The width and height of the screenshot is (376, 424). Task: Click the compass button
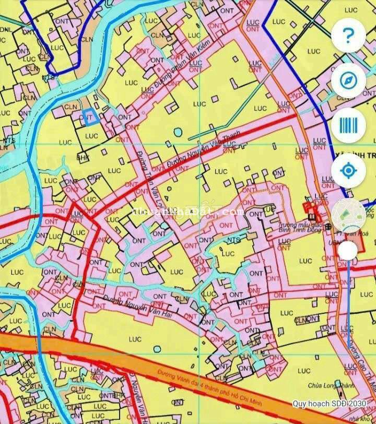[348, 80]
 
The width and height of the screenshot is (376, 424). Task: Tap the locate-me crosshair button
[348, 170]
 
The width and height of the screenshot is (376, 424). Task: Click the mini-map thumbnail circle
[348, 215]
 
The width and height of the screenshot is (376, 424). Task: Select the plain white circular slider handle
[347, 251]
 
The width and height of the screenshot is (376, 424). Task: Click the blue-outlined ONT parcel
[91, 117]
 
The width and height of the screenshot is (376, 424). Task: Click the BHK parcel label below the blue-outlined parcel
[83, 156]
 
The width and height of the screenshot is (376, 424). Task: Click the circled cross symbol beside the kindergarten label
[328, 227]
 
